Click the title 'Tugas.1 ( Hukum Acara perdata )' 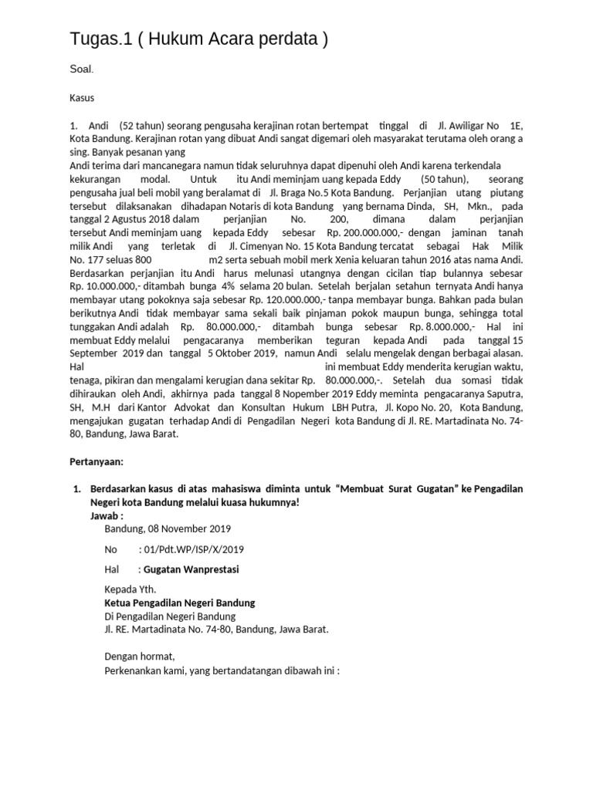point(198,40)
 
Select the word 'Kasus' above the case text point(82,98)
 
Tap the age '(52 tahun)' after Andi point(140,126)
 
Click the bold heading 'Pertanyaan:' point(97,461)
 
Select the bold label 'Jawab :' point(107,515)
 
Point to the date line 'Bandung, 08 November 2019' point(167,528)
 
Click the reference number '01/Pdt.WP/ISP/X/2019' point(192,549)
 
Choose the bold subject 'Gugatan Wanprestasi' point(191,569)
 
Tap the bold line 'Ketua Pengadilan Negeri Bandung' point(179,603)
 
